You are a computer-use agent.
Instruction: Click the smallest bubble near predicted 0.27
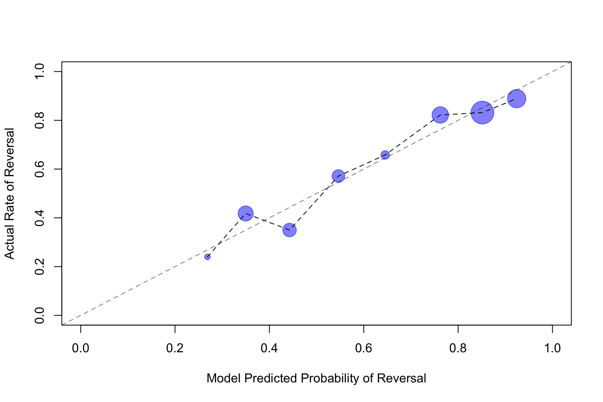click(x=208, y=257)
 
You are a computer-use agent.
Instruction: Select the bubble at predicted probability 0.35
click(x=246, y=213)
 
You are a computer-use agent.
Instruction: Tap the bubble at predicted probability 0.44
click(x=289, y=230)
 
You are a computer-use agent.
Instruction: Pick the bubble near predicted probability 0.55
click(x=338, y=176)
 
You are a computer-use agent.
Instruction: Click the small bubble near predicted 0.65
click(x=385, y=155)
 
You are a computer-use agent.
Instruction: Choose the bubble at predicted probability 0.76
click(x=440, y=115)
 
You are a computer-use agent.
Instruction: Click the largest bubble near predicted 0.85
click(x=482, y=113)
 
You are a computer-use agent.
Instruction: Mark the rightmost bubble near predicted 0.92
click(x=517, y=99)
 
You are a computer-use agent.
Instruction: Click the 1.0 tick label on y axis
click(x=39, y=72)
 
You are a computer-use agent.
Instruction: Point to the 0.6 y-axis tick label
click(x=39, y=169)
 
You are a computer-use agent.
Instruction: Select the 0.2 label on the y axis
click(x=39, y=267)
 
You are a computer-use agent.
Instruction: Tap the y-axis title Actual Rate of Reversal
click(x=10, y=193)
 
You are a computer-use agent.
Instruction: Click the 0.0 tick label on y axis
click(x=39, y=315)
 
